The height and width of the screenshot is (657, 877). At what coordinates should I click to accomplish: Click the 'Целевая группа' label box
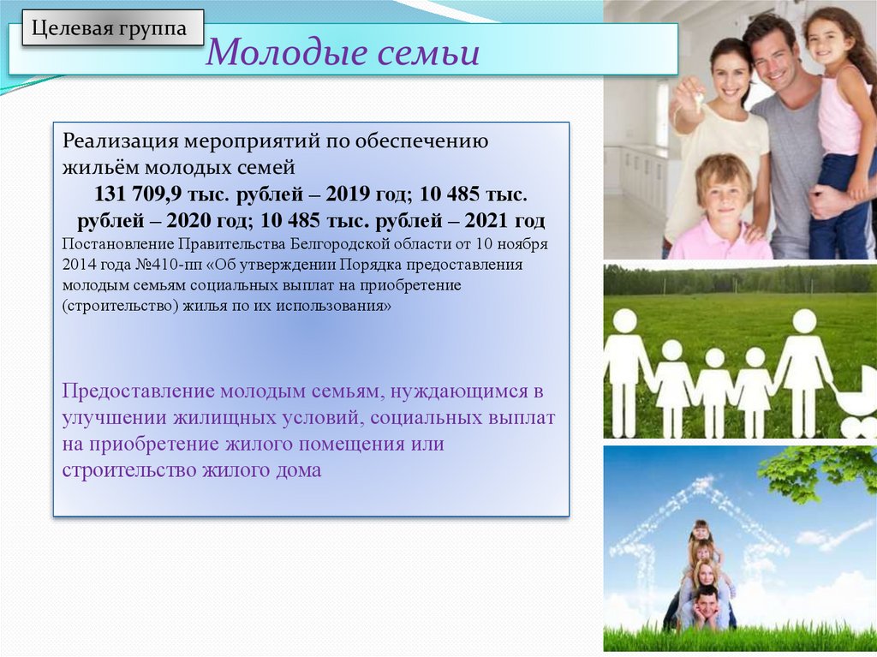click(x=113, y=27)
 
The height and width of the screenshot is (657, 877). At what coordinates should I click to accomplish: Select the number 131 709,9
click(x=137, y=194)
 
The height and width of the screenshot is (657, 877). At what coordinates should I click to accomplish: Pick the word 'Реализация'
click(x=120, y=140)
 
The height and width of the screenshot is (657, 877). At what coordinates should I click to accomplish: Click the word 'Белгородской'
click(x=339, y=245)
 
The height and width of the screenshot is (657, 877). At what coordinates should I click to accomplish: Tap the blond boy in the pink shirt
click(x=720, y=209)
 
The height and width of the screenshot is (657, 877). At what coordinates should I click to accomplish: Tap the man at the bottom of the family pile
click(x=706, y=609)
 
